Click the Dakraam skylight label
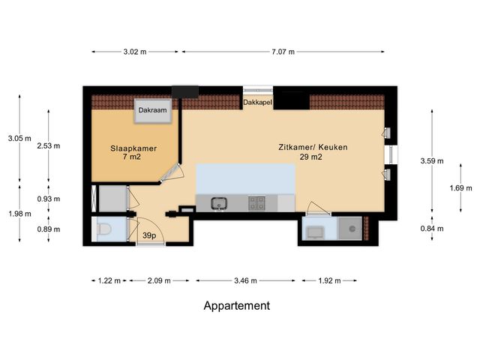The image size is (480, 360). pyautogui.click(x=152, y=110)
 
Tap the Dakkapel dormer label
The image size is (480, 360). pyautogui.click(x=257, y=102)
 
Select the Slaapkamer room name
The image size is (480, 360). pyautogui.click(x=133, y=148)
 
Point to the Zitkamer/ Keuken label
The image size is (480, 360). pyautogui.click(x=313, y=147)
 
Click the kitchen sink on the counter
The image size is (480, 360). pyautogui.click(x=218, y=203)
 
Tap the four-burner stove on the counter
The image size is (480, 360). pyautogui.click(x=256, y=203)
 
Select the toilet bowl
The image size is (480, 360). pyautogui.click(x=103, y=229)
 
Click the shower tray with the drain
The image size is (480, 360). pyautogui.click(x=350, y=229)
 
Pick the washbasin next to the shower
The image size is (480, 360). pyautogui.click(x=315, y=232)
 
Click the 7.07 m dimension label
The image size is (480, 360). pyautogui.click(x=283, y=52)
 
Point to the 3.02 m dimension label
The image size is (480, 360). pyautogui.click(x=135, y=52)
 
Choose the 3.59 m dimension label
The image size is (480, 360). pyautogui.click(x=432, y=161)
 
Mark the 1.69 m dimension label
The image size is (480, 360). pyautogui.click(x=460, y=188)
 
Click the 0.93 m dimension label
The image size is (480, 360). pyautogui.click(x=49, y=199)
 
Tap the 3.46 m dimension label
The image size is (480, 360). pyautogui.click(x=245, y=280)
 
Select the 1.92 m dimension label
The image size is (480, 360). pyautogui.click(x=329, y=280)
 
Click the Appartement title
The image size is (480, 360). pyautogui.click(x=237, y=305)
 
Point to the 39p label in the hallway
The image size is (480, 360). pyautogui.click(x=149, y=235)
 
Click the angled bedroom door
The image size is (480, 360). pyautogui.click(x=170, y=173)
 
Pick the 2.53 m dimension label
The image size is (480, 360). pyautogui.click(x=49, y=146)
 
